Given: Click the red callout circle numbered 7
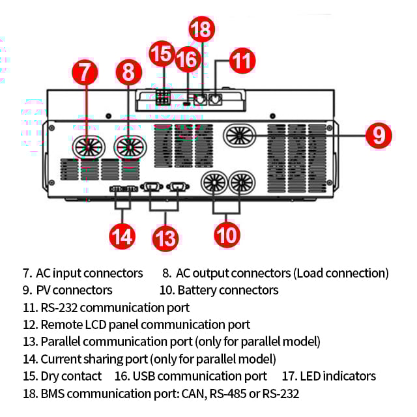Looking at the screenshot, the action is click(x=85, y=72).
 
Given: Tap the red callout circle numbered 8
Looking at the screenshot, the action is click(x=129, y=72).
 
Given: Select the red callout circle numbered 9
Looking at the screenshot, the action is click(x=379, y=136).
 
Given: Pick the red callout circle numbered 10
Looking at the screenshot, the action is click(x=227, y=235).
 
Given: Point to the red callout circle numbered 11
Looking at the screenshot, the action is click(x=242, y=61).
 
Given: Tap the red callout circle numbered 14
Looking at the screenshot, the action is click(x=122, y=237).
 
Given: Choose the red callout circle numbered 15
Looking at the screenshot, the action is click(x=162, y=53).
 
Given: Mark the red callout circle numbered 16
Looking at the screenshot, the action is click(x=188, y=59).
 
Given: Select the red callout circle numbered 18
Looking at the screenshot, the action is click(x=201, y=29).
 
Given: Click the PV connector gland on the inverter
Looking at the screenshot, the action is click(x=239, y=136).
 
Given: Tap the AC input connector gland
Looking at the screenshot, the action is click(x=89, y=147).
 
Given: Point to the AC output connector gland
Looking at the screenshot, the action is click(x=130, y=147).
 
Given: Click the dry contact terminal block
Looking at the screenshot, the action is click(x=163, y=97).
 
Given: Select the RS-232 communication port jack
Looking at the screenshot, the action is click(x=215, y=100).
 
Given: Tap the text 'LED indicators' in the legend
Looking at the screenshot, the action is click(x=338, y=377).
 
